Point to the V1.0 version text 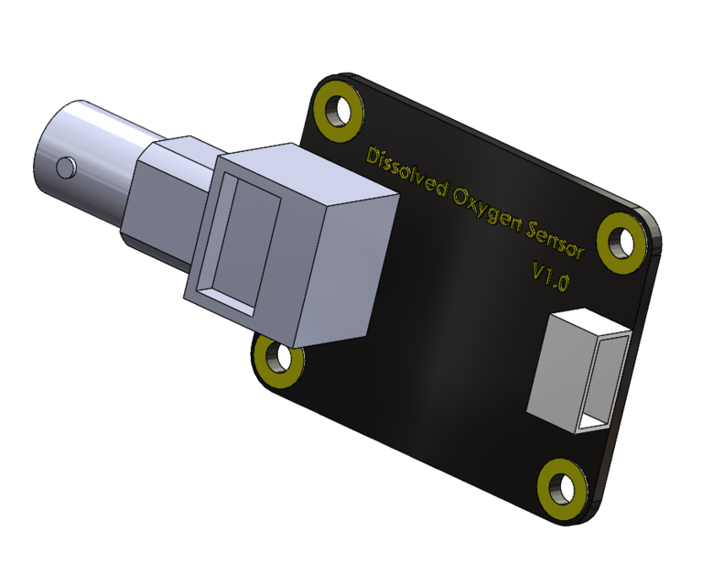pos(550,277)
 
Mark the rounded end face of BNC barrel pos(50,174)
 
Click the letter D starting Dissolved pos(373,157)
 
